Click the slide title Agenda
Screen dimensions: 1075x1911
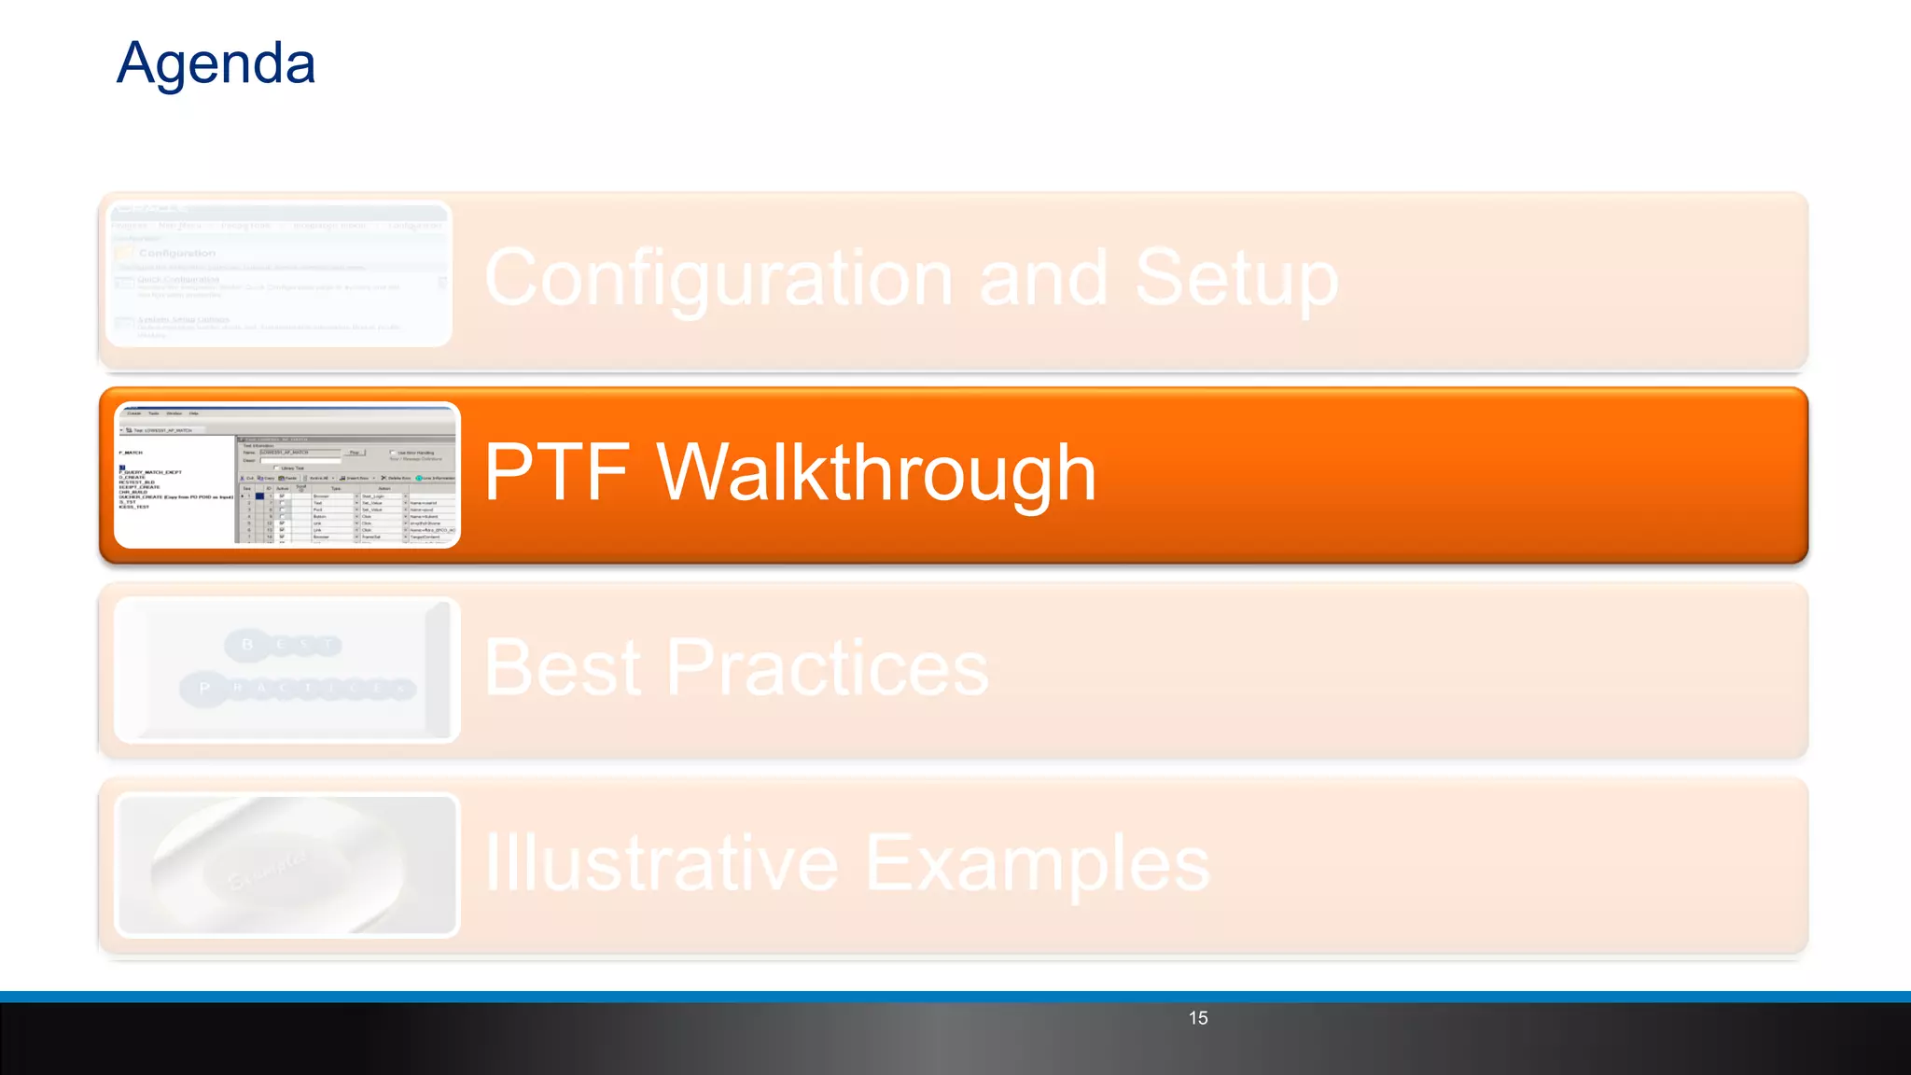216,63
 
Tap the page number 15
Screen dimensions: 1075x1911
1198,1018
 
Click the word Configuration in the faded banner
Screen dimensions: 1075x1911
718,278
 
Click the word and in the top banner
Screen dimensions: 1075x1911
1043,278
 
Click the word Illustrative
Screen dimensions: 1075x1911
662,863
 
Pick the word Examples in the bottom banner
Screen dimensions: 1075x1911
1038,863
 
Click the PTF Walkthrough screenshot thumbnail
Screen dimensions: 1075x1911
287,475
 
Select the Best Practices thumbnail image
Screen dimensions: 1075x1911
287,670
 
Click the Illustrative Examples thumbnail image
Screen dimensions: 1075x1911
287,865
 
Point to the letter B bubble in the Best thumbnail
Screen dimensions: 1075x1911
247,645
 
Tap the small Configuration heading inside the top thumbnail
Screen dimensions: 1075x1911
177,253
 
